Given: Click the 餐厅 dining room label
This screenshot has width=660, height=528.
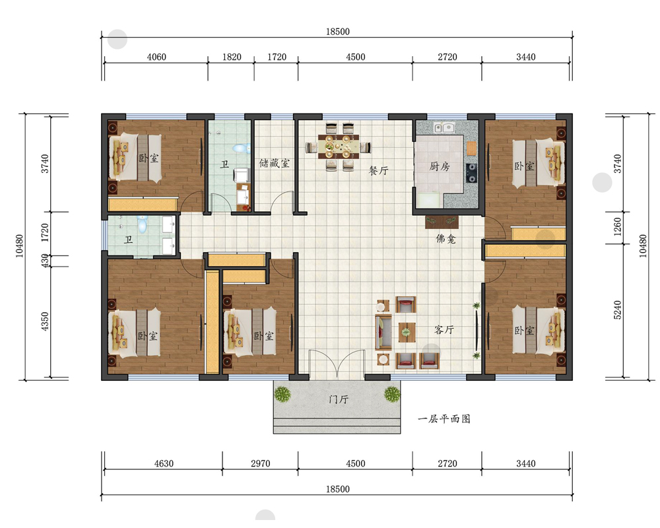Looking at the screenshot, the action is coord(378,170).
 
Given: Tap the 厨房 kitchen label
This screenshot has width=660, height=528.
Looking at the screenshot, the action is coord(440,166).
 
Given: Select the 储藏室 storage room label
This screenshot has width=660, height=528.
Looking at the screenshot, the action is coord(275,163).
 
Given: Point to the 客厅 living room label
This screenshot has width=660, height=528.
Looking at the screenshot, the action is coord(444,330).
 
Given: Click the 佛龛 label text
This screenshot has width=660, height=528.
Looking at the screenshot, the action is coord(445,239).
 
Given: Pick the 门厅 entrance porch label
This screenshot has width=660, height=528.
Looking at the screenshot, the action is coord(339,399).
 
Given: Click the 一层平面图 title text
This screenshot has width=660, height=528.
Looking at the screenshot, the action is coord(444,419).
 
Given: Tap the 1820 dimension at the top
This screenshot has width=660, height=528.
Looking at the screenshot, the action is coord(232,57).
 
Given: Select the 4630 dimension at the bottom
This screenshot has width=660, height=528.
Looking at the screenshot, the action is coord(164,463).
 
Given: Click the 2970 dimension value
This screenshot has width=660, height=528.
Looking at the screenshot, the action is coord(261,463).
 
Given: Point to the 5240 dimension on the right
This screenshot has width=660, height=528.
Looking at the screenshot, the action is coord(618,310).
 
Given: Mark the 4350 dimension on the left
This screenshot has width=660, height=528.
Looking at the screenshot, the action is coord(45,321).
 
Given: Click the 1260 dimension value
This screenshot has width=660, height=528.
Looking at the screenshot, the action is coord(618,226).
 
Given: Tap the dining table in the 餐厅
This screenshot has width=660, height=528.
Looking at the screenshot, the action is coord(339,146).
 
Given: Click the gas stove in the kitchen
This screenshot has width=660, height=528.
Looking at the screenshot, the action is coord(472,173).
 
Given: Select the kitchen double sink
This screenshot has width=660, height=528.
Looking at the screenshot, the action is coord(444,127).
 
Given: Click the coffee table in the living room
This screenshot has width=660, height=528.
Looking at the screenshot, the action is coord(406,332).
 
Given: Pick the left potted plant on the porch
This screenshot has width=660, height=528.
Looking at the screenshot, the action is coord(282,395).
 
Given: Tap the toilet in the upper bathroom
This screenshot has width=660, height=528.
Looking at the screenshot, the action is coord(241,148).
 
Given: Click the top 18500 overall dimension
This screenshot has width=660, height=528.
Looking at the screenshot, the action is coord(337,32).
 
